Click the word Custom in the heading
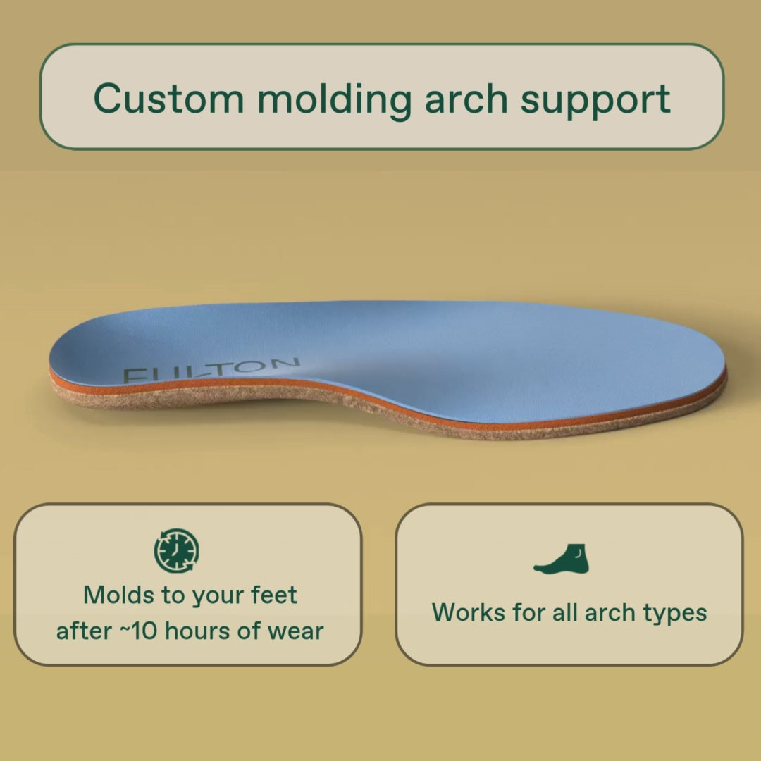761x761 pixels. (168, 99)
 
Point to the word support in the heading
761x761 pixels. (595, 101)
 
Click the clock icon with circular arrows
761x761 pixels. (176, 550)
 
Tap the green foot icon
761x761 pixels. (562, 559)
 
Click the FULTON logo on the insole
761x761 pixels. (211, 370)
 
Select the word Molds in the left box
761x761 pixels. (119, 595)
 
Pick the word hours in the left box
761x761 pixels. (197, 631)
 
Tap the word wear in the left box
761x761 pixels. (295, 631)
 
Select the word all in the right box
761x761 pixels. (565, 612)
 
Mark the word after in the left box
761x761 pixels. (84, 631)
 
